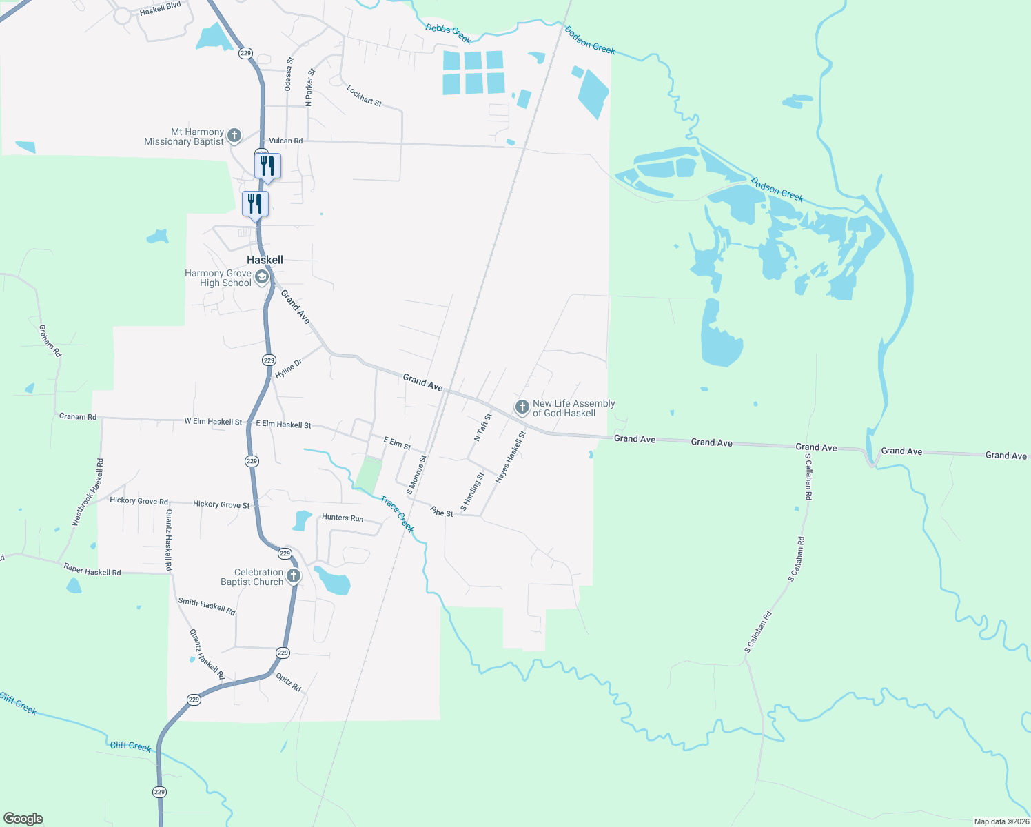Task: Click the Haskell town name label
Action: [265, 260]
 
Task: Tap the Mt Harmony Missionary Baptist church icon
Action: [234, 135]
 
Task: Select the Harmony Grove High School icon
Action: [262, 278]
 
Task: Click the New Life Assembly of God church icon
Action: [522, 407]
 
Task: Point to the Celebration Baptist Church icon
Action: [294, 576]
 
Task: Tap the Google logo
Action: [23, 819]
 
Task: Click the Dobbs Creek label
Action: [448, 34]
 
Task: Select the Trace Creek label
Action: [397, 514]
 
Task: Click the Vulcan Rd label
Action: [285, 141]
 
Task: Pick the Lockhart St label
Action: [364, 96]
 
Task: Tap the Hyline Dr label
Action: [288, 369]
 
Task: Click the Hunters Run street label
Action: [343, 518]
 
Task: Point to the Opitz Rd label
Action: [289, 682]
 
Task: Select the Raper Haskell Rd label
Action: [92, 570]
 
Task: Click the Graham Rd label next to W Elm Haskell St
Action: [78, 416]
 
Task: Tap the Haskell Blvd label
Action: [160, 8]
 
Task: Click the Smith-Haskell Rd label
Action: [207, 606]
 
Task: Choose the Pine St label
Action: [442, 512]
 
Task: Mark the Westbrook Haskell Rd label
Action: [88, 492]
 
